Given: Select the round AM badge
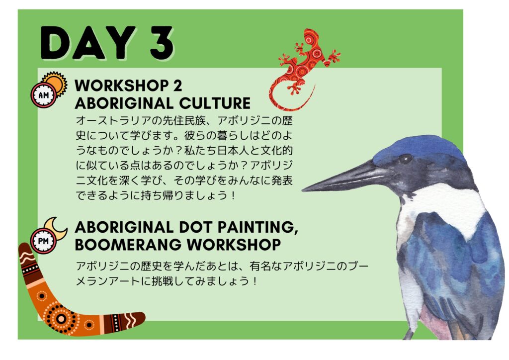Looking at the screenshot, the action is (44, 95).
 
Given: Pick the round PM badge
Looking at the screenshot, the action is (44, 241).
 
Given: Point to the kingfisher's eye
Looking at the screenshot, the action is (405, 159).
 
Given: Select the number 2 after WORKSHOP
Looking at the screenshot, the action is (177, 86).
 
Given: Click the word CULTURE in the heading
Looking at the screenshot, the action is (215, 103).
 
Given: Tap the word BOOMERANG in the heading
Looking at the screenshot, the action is (129, 245).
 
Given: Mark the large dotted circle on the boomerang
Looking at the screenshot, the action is (61, 318).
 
